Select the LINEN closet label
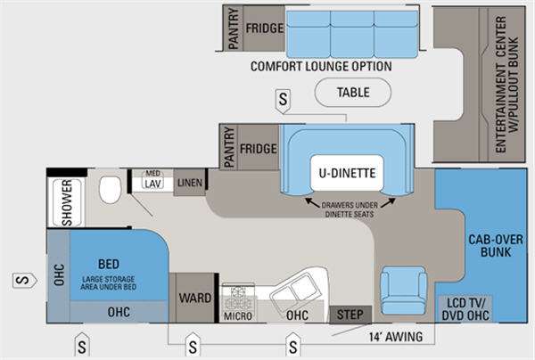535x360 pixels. (x=189, y=183)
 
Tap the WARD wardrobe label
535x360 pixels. (x=189, y=296)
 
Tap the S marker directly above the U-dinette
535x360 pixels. (x=284, y=100)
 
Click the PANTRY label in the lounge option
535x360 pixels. (x=233, y=27)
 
